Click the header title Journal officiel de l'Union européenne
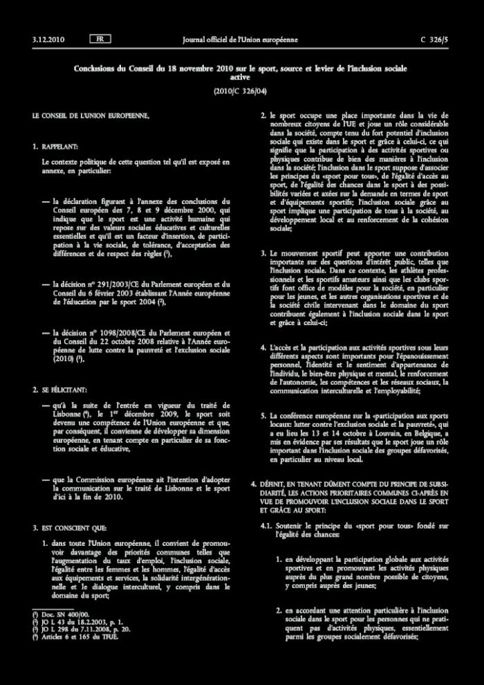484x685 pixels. [240, 39]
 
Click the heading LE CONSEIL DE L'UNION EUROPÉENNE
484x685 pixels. [91, 115]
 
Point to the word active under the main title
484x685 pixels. [241, 78]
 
